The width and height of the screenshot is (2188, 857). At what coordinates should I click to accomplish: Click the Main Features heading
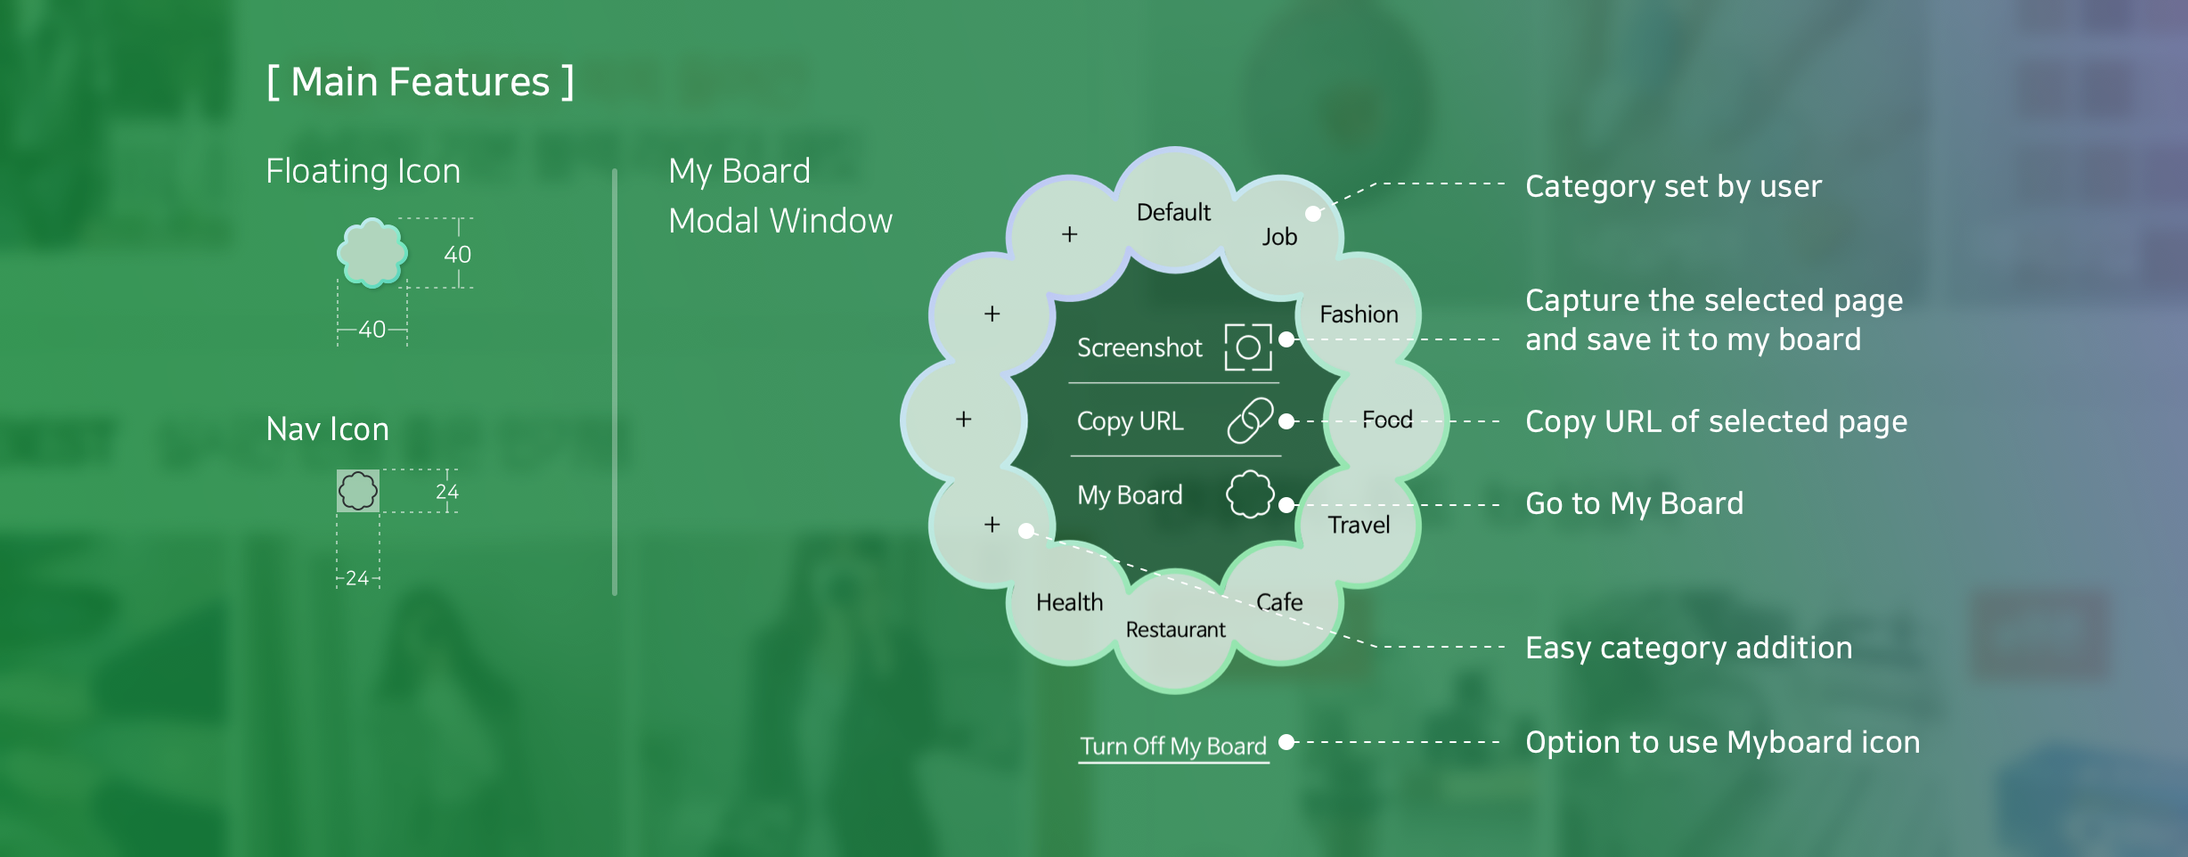coord(420,82)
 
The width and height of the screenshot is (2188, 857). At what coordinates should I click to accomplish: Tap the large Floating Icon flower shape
coord(372,253)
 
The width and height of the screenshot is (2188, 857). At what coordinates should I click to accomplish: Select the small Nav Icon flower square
coord(358,491)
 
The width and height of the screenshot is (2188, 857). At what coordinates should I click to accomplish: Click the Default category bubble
coord(1173,212)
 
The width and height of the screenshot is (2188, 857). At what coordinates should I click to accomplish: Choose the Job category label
coord(1279,236)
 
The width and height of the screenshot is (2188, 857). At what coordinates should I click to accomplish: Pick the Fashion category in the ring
coord(1359,314)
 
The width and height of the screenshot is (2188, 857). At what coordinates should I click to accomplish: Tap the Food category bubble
coord(1386,420)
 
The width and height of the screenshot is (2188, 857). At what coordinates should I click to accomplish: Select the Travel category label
coord(1359,525)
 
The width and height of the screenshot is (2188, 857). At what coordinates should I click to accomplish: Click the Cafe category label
coord(1279,602)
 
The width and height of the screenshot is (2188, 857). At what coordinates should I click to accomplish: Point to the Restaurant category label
coord(1175,630)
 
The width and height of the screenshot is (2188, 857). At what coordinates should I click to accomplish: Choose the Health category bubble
coord(1069,602)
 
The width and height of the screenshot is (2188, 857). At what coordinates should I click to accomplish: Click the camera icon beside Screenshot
coord(1248,347)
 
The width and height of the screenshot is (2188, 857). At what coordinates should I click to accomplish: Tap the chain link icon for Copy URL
coord(1249,420)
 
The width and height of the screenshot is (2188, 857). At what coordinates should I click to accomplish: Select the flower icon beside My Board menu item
coord(1249,494)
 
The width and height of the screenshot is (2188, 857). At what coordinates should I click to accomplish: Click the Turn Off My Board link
coord(1173,746)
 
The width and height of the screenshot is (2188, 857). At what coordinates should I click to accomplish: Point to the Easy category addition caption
coord(1688,648)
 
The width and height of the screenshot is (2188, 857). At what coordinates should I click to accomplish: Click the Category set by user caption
coord(1673,186)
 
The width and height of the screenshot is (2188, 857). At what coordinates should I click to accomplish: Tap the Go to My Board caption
coord(1634,503)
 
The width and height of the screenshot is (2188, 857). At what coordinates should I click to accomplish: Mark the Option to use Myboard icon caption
coord(1722,742)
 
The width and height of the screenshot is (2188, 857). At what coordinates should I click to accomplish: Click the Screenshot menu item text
coord(1139,347)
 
